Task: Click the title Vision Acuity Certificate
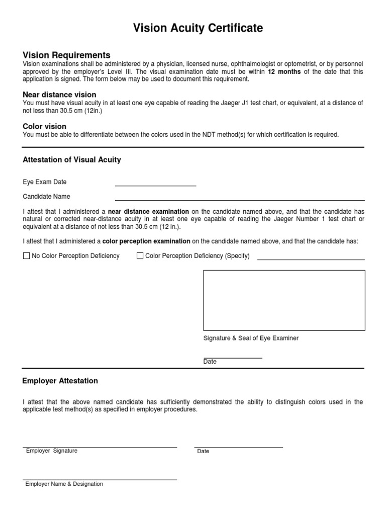click(x=198, y=29)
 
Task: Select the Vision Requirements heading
click(x=66, y=55)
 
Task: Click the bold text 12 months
click(x=284, y=72)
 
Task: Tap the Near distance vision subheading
click(x=59, y=95)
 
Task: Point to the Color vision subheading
click(x=44, y=126)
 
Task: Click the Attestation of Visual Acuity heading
click(x=72, y=160)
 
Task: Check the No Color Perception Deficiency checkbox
click(x=27, y=256)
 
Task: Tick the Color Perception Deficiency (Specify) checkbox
click(x=140, y=256)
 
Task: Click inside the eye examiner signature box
click(x=284, y=300)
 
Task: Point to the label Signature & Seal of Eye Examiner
click(x=251, y=338)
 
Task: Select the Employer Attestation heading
click(x=60, y=381)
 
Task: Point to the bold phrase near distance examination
click(x=148, y=212)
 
